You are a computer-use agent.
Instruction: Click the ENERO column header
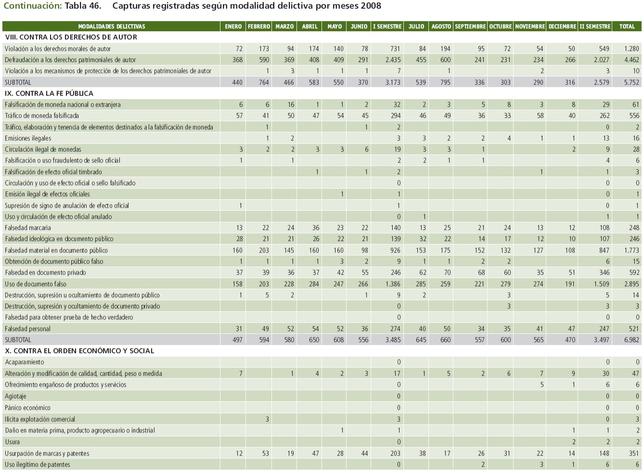pyautogui.click(x=233, y=26)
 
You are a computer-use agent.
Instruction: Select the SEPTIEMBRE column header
pyautogui.click(x=470, y=26)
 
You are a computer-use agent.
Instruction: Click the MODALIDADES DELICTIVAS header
pyautogui.click(x=112, y=26)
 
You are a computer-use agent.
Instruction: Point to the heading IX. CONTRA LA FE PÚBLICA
pyautogui.click(x=49, y=93)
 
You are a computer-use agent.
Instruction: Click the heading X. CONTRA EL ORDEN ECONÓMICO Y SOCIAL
pyautogui.click(x=79, y=351)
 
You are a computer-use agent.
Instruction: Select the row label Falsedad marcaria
pyautogui.click(x=28, y=228)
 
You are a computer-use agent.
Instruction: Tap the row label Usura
pyautogui.click(x=13, y=442)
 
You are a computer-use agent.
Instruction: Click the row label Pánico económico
pyautogui.click(x=27, y=408)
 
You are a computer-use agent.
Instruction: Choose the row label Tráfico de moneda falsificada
pyautogui.click(x=42, y=115)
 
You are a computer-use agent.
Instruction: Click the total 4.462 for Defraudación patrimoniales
pyautogui.click(x=631, y=60)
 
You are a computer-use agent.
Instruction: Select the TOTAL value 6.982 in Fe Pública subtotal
pyautogui.click(x=631, y=340)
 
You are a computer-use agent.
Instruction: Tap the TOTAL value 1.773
pyautogui.click(x=631, y=250)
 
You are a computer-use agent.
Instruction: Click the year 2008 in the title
pyautogui.click(x=370, y=6)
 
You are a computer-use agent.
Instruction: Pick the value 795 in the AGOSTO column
pyautogui.click(x=445, y=82)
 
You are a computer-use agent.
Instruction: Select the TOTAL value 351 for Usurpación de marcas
pyautogui.click(x=634, y=453)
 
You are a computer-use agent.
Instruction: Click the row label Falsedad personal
pyautogui.click(x=28, y=329)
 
